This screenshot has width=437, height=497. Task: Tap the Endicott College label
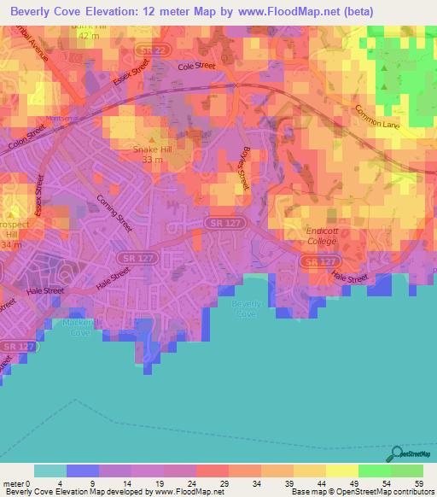pyautogui.click(x=323, y=237)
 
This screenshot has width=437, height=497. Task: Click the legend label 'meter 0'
pyautogui.click(x=18, y=483)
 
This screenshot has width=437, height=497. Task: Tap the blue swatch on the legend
pyautogui.click(x=82, y=471)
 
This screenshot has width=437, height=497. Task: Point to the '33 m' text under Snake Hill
pyautogui.click(x=152, y=160)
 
